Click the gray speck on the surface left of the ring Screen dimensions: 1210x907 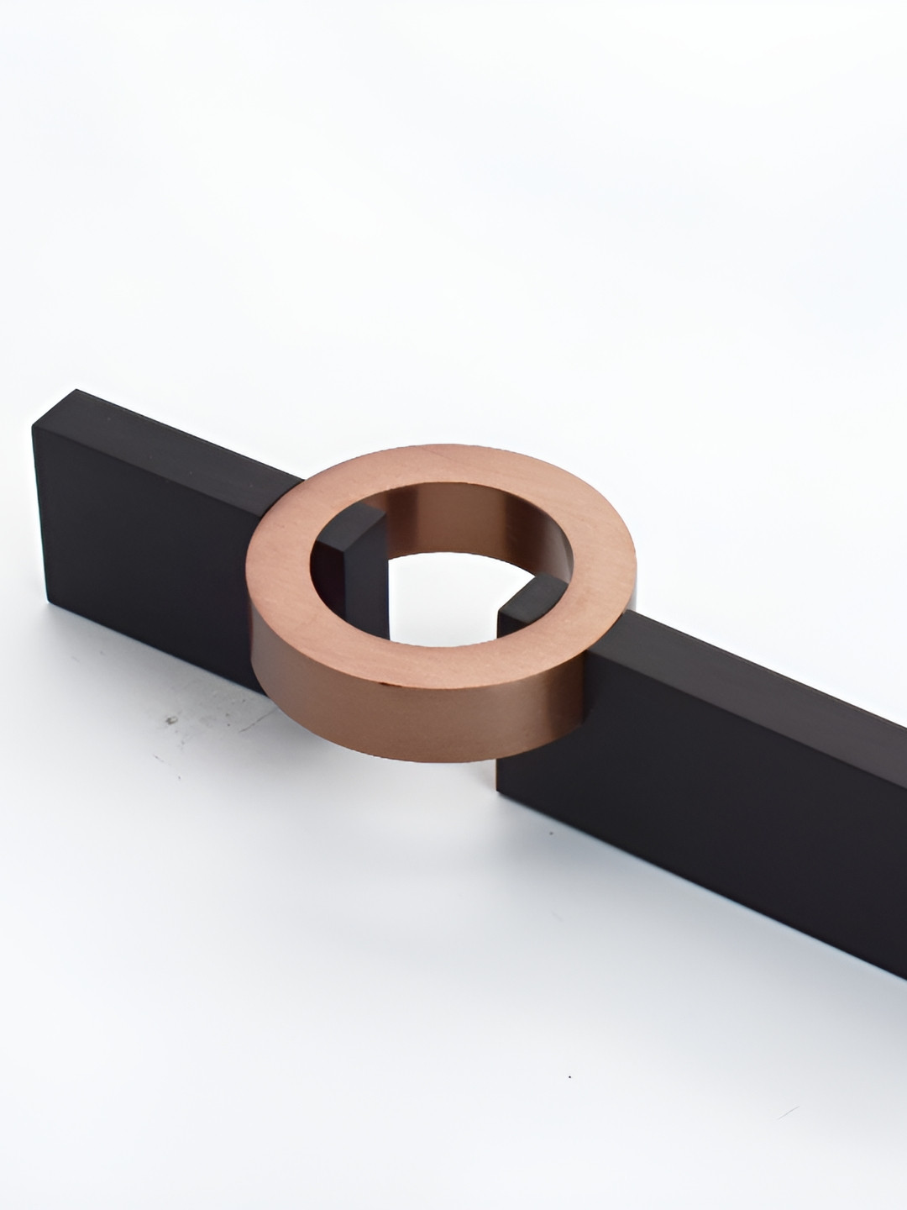tap(172, 720)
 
